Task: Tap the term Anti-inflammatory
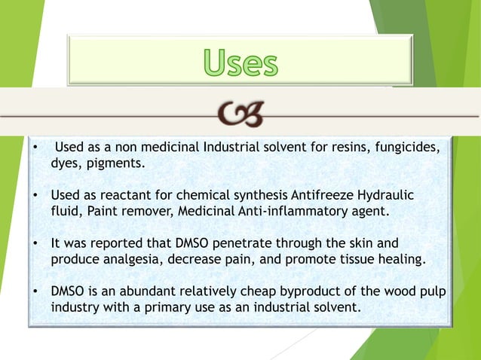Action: pyautogui.click(x=276, y=211)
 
